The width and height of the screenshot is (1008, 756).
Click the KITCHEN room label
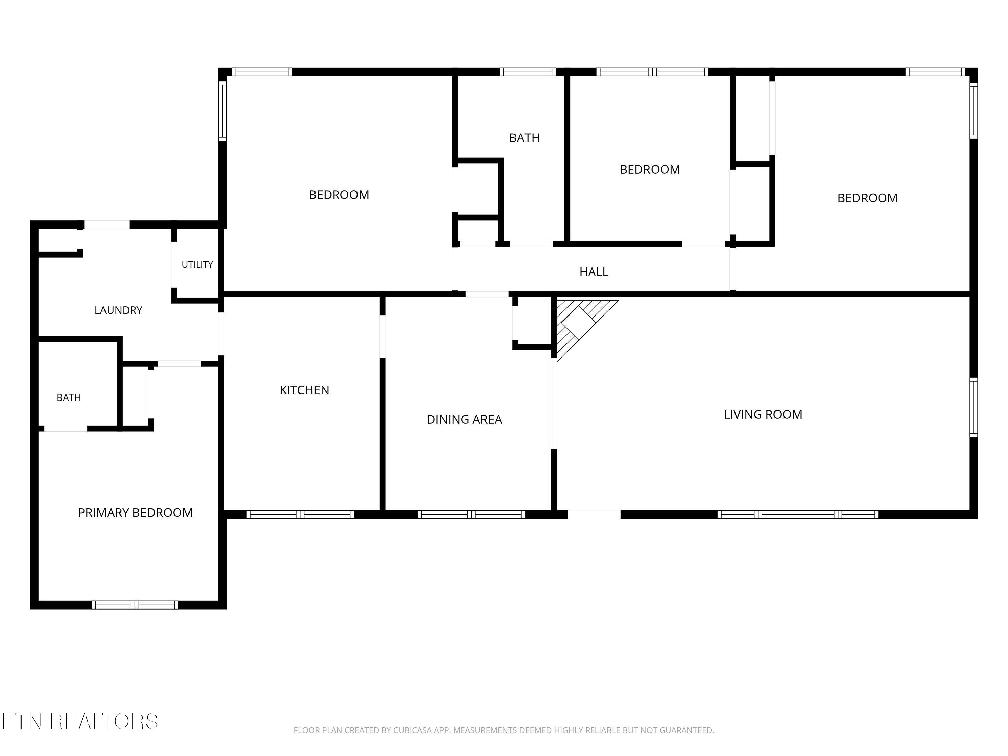[x=304, y=390]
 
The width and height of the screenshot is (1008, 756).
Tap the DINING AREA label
[x=464, y=419]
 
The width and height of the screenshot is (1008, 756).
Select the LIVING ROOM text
[x=763, y=414]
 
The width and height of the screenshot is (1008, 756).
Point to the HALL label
[x=594, y=271]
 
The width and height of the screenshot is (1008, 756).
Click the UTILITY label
[x=197, y=265]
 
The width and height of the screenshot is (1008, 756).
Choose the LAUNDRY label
[x=119, y=310]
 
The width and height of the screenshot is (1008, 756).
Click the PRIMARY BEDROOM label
[x=135, y=513]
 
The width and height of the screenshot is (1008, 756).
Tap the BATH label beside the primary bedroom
[x=69, y=397]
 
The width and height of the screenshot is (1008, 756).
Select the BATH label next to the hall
[x=524, y=138]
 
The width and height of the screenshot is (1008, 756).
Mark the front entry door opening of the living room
[x=594, y=514]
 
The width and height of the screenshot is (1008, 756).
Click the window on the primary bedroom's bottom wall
[x=135, y=605]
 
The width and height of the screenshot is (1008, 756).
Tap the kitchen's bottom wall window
[x=300, y=514]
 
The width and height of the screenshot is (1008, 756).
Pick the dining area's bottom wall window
[x=472, y=514]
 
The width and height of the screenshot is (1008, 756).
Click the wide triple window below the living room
[x=798, y=514]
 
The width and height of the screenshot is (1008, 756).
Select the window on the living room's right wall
[x=973, y=407]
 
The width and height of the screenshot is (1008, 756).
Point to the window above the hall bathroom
[x=528, y=72]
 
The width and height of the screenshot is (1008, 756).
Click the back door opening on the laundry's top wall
[x=107, y=225]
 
